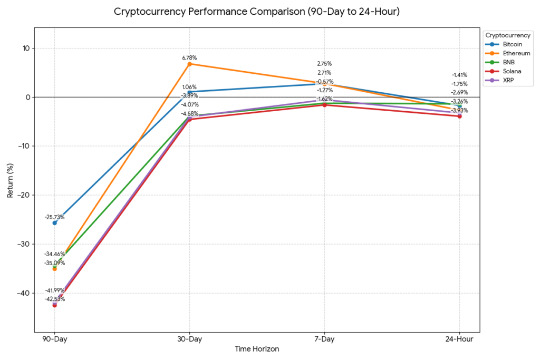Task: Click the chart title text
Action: coord(257,12)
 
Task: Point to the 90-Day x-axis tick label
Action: coord(54,339)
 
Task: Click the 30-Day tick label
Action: coord(189,339)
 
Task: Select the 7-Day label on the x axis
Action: coord(324,339)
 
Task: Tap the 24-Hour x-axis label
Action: coord(459,339)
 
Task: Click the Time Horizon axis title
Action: coord(257,349)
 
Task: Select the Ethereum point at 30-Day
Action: coord(189,64)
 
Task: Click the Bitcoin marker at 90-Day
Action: coord(54,223)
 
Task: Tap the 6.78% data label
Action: coord(189,57)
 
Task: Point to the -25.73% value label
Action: coord(54,217)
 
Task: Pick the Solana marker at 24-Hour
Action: coord(459,116)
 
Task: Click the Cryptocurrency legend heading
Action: coord(508,35)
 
